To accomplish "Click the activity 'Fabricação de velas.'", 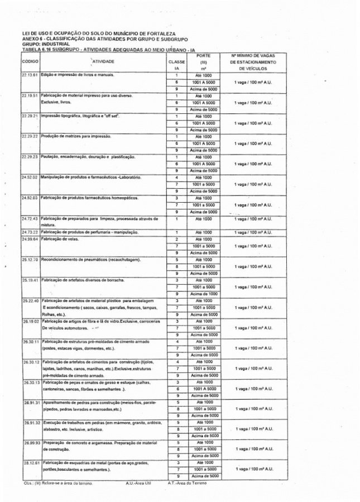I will click(60, 239).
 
